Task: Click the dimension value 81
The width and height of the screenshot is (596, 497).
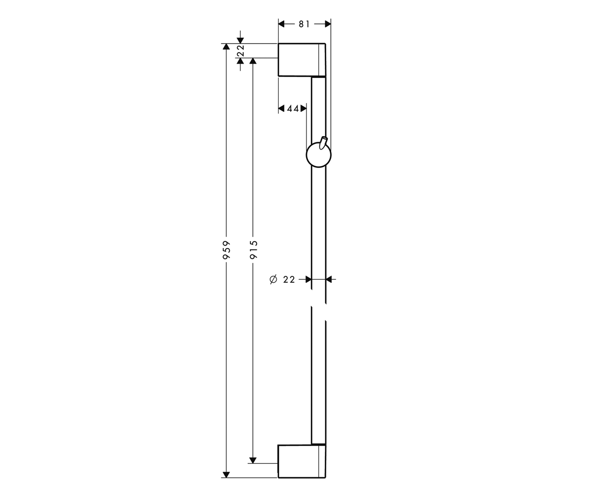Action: [x=304, y=24]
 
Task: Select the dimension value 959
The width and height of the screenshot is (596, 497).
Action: [x=226, y=250]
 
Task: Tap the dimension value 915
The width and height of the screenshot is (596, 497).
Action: [x=253, y=250]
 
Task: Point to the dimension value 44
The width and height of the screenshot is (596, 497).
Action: [x=293, y=108]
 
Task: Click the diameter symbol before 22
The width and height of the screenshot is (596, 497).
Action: [x=273, y=279]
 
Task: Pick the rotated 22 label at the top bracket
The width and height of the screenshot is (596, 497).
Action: [x=241, y=51]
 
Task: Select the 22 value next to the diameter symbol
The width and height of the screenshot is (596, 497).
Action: [x=289, y=279]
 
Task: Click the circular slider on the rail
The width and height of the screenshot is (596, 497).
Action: [x=318, y=155]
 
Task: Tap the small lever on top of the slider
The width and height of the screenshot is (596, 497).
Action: [x=323, y=143]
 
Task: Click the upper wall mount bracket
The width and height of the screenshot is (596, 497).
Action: [x=302, y=60]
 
